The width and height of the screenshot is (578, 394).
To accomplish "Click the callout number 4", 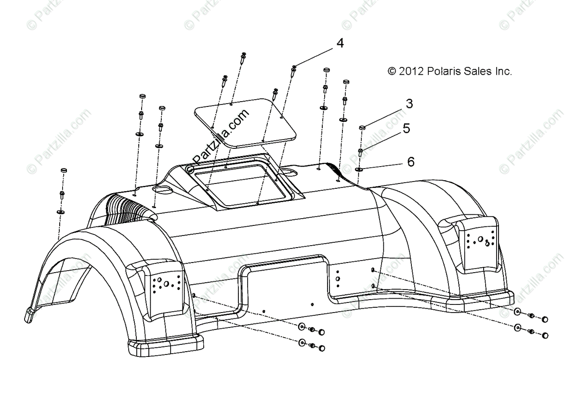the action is point(340,43).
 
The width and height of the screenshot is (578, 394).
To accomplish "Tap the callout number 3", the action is point(409,104).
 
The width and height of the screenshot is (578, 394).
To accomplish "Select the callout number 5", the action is point(407,129).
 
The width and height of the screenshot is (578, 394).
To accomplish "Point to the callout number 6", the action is point(410,162).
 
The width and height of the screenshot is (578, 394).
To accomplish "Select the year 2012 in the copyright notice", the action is point(411,71).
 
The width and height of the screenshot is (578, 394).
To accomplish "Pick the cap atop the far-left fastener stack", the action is point(63,171).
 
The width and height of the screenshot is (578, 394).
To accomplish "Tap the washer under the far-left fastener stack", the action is point(61,211).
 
